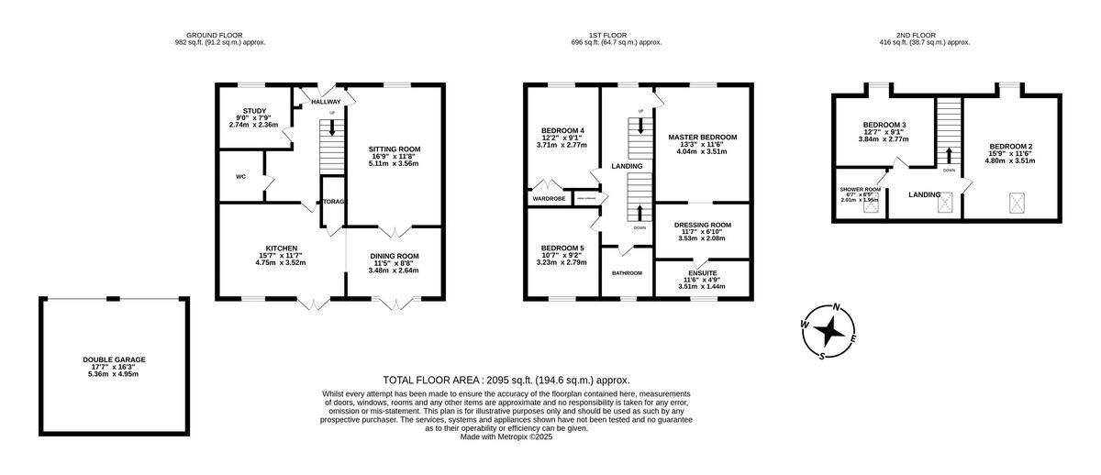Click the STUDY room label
click(x=254, y=111)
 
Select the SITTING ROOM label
click(x=395, y=149)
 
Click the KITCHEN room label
click(x=281, y=249)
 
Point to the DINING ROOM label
click(x=395, y=256)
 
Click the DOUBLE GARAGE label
click(x=114, y=359)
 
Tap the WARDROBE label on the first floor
click(x=549, y=198)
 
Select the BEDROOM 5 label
click(x=562, y=248)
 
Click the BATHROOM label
click(x=628, y=273)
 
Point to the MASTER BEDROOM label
click(x=702, y=138)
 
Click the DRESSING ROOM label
click(x=702, y=225)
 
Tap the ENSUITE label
click(x=702, y=272)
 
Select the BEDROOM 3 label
click(x=884, y=125)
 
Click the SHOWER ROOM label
click(x=861, y=190)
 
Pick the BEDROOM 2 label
click(x=1010, y=146)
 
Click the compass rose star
click(x=829, y=330)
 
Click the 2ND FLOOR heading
click(x=924, y=35)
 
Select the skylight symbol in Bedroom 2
click(x=1016, y=201)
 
